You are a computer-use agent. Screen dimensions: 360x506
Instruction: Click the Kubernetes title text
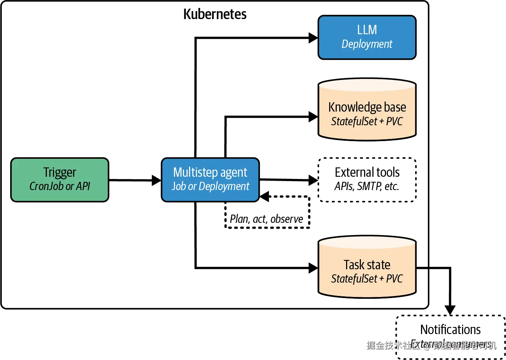coord(215,14)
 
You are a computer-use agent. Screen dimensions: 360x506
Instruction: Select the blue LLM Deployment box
coord(367,37)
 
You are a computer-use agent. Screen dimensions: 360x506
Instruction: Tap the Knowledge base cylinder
coord(367,110)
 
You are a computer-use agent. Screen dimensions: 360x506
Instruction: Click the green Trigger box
coord(60,180)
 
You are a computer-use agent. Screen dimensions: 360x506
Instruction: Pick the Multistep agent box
coord(210,180)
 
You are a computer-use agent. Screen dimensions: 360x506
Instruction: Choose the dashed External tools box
coord(367,180)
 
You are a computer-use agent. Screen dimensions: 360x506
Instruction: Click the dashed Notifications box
coord(450,337)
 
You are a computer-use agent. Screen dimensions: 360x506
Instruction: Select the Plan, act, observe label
coord(267,219)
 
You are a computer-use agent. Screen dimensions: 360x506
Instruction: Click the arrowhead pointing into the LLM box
coord(313,38)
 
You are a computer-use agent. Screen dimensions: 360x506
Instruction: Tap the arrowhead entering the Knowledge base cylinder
coord(313,117)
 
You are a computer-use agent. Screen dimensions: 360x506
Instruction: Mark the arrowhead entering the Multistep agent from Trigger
coord(157,180)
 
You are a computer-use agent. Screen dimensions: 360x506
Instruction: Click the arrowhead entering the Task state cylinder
coord(313,268)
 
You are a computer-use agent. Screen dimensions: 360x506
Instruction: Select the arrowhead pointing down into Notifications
coord(450,310)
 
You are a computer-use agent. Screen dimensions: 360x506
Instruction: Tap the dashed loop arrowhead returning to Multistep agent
coord(264,197)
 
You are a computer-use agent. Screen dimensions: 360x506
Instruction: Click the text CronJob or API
coord(60,186)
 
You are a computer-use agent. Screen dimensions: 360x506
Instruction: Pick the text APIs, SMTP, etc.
coord(367,186)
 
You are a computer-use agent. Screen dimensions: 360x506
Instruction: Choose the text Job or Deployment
coord(210,186)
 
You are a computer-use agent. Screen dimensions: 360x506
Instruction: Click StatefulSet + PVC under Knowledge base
coord(367,121)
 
